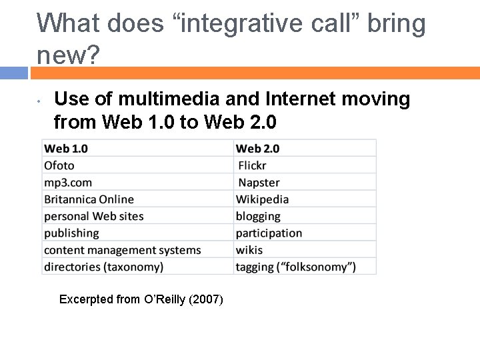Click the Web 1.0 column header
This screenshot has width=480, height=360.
pyautogui.click(x=66, y=148)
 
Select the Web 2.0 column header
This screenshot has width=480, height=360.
pyautogui.click(x=258, y=148)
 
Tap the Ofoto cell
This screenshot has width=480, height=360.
pyautogui.click(x=59, y=165)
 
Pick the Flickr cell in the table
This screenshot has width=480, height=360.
pyautogui.click(x=252, y=165)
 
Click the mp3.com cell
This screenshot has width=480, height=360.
pyautogui.click(x=68, y=182)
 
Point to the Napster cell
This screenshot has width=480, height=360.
pyautogui.click(x=259, y=182)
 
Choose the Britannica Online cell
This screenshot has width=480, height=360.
pyautogui.click(x=89, y=199)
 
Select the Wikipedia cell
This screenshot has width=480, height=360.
pyautogui.click(x=262, y=199)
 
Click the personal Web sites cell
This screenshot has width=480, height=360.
pyautogui.click(x=94, y=216)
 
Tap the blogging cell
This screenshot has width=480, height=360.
pyautogui.click(x=258, y=216)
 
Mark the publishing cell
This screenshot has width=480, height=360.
pyautogui.click(x=71, y=233)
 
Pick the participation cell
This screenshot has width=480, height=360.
pyautogui.click(x=269, y=233)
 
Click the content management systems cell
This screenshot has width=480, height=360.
pyautogui.click(x=122, y=250)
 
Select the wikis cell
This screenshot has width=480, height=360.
pyautogui.click(x=249, y=250)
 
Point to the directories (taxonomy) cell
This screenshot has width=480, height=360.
pyautogui.click(x=103, y=267)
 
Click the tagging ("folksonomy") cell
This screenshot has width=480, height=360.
pyautogui.click(x=295, y=267)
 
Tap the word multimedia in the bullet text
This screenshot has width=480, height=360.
pyautogui.click(x=166, y=100)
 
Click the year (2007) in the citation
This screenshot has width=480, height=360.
pyautogui.click(x=206, y=299)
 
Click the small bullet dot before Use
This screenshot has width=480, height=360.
pyautogui.click(x=40, y=102)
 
